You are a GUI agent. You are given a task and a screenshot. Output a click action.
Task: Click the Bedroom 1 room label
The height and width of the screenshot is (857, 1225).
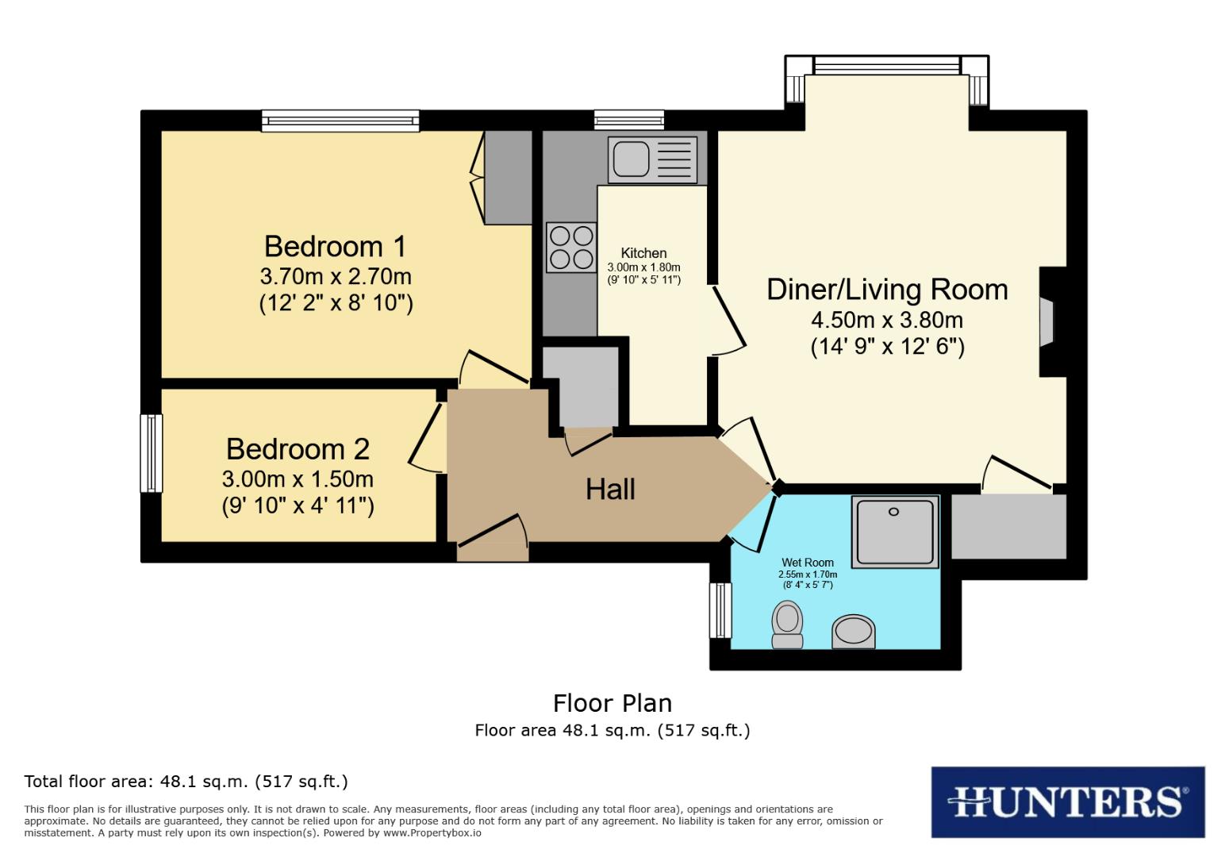coord(335,246)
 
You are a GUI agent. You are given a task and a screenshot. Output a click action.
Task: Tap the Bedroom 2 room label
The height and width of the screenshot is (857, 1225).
coord(298,449)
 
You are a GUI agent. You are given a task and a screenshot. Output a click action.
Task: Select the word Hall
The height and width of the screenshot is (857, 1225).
coord(610,489)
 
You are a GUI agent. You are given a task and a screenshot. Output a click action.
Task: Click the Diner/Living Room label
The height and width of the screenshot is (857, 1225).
coord(887,290)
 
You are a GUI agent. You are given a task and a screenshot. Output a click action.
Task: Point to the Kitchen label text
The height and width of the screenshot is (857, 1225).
coord(643,253)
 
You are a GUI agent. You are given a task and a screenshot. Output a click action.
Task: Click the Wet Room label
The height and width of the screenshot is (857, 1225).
coord(808,562)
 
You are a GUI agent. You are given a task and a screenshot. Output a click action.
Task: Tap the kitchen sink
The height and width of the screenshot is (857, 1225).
coord(652,159)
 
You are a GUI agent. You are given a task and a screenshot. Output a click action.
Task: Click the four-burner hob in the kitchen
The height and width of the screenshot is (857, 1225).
coord(571,247)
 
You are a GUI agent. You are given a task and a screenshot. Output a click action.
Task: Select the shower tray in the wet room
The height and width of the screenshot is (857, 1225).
coord(895,532)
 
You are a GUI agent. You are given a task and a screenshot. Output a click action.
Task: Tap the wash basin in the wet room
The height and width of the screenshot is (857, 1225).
coord(854,631)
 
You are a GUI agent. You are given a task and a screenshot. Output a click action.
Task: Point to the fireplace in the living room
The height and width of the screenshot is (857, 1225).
coord(1047,321)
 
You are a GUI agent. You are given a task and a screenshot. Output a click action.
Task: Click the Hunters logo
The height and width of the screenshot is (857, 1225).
coord(1067,802)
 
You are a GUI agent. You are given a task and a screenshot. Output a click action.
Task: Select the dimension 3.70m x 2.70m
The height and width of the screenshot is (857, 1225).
coord(336,276)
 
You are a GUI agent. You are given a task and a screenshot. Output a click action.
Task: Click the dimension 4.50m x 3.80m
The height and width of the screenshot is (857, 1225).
coord(887,320)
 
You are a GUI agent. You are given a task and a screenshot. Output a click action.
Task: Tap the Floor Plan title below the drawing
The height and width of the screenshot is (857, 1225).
coord(612,703)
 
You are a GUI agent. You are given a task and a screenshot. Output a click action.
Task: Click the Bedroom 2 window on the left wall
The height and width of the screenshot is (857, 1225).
coord(151,453)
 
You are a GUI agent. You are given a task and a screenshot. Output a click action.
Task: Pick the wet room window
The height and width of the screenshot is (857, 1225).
coord(720,610)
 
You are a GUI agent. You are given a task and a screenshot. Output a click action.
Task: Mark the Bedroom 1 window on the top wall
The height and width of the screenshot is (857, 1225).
coord(340,121)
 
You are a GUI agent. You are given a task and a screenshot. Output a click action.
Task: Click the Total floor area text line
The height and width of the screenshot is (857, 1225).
coord(186,782)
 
